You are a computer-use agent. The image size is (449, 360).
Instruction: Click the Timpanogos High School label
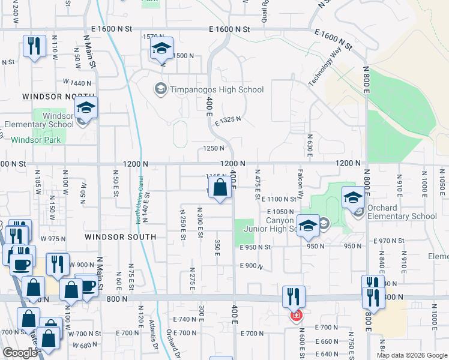pos(217,90)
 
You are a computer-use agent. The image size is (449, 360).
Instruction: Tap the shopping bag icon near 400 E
pos(221,187)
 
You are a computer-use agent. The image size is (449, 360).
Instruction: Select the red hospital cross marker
pos(296,315)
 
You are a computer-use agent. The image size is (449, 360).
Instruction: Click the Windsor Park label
pos(35,140)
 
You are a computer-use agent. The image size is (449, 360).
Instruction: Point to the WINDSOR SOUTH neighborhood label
pos(121,237)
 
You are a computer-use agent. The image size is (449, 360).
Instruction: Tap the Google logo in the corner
pos(20,353)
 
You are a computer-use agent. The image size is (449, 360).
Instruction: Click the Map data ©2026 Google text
pos(412,355)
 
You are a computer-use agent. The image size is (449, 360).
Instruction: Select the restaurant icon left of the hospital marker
pos(294,296)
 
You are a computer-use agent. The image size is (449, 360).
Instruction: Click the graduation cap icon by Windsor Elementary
pos(86,108)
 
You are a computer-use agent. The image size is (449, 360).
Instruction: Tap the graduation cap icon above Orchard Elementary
pos(353,196)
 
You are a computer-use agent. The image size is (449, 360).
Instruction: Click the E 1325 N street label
pos(228,119)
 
